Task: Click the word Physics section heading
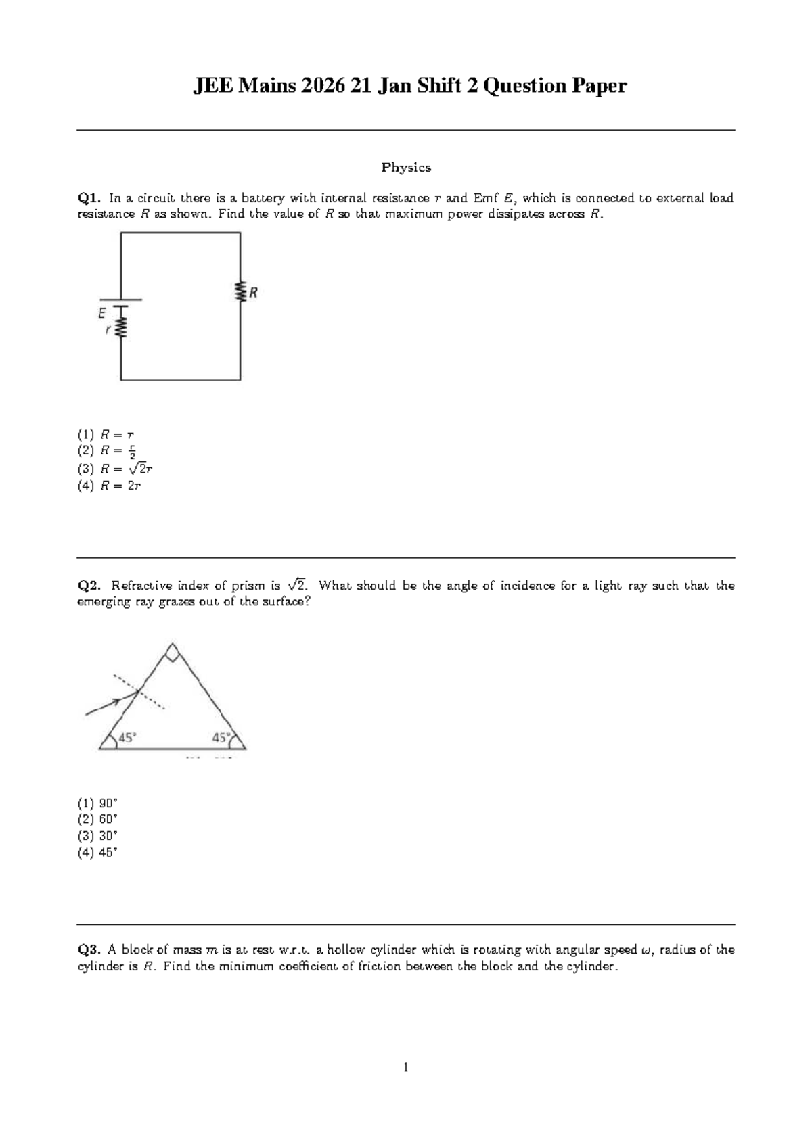pyautogui.click(x=406, y=167)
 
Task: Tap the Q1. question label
pyautogui.click(x=89, y=198)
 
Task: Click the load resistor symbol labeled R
pyautogui.click(x=240, y=292)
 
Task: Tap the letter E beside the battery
pyautogui.click(x=101, y=313)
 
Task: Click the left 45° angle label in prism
pyautogui.click(x=127, y=738)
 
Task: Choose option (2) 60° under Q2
pyautogui.click(x=97, y=819)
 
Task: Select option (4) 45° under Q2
pyautogui.click(x=97, y=852)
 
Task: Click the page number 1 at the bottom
pyautogui.click(x=405, y=1069)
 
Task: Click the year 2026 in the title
pyautogui.click(x=321, y=86)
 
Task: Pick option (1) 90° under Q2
pyautogui.click(x=97, y=803)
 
